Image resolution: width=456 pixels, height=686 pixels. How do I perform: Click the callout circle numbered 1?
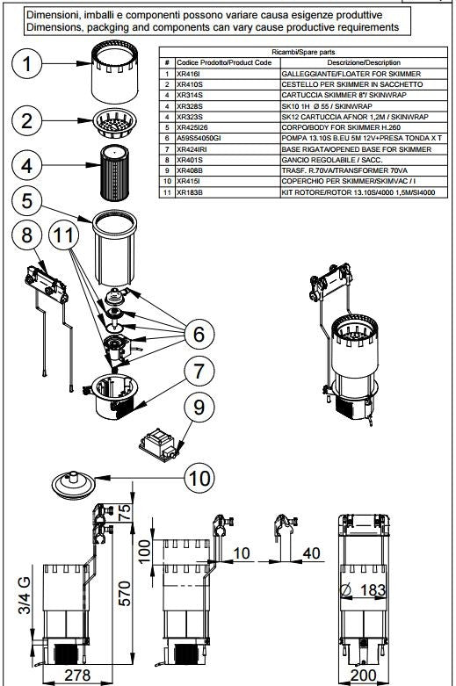click(x=26, y=64)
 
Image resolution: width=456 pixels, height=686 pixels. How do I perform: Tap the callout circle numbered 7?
click(x=199, y=371)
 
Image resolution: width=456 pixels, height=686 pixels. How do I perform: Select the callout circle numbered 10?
click(x=199, y=478)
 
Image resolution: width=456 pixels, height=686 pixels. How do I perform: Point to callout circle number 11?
click(x=63, y=235)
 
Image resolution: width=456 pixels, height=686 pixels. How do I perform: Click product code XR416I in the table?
click(x=188, y=74)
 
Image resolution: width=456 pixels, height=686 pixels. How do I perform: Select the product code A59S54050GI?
click(x=199, y=138)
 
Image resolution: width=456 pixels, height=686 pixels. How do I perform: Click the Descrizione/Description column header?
click(x=364, y=62)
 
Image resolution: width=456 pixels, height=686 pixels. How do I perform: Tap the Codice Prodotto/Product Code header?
click(x=224, y=62)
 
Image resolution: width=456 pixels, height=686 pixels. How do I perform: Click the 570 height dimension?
click(x=125, y=593)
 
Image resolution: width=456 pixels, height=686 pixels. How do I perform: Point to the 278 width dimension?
click(x=77, y=675)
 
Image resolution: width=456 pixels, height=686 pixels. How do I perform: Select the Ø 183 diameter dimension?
click(x=363, y=590)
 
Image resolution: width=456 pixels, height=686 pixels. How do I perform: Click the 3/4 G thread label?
click(x=25, y=595)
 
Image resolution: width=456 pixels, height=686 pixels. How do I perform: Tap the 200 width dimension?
click(x=363, y=675)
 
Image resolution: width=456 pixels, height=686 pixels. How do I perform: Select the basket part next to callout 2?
click(x=114, y=123)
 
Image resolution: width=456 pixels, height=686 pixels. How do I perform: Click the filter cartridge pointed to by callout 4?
click(x=114, y=173)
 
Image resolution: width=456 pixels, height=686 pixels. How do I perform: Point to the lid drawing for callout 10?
click(x=73, y=484)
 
